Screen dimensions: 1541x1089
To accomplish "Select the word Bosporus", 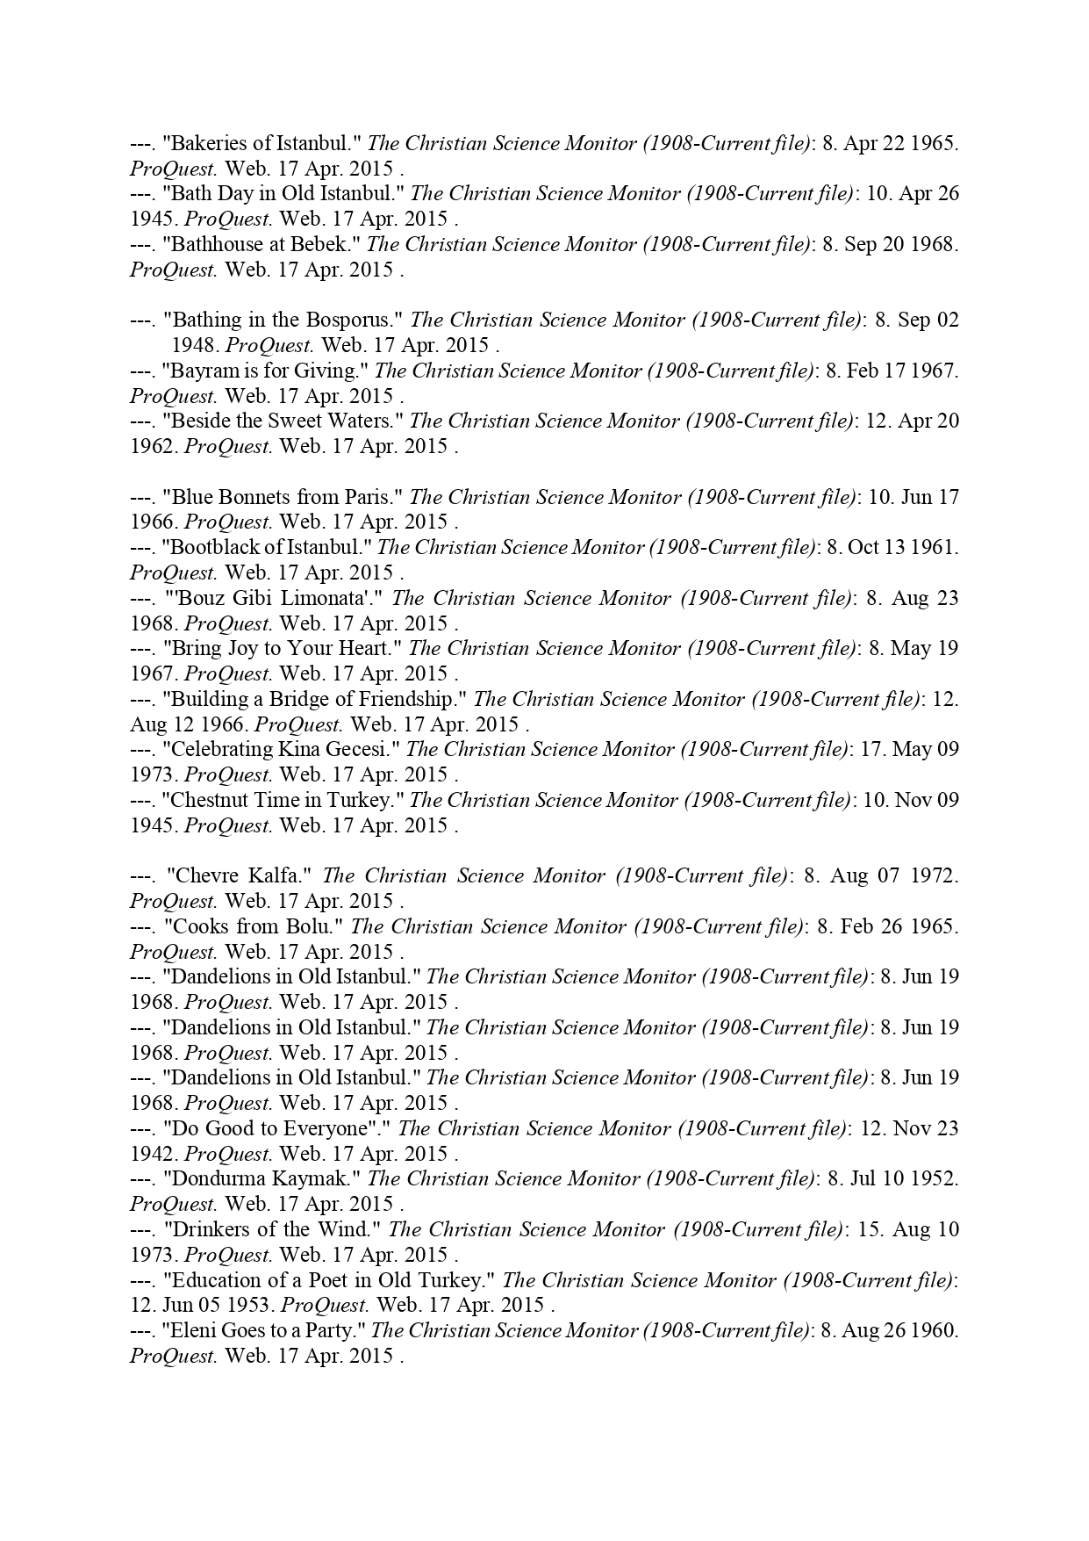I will [x=353, y=320].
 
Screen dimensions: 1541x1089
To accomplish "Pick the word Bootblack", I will [x=211, y=547].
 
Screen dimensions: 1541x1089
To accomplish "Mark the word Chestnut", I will [x=209, y=800].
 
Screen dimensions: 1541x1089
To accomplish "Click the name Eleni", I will [x=192, y=1330].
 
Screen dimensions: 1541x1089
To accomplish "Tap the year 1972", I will [x=935, y=875].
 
